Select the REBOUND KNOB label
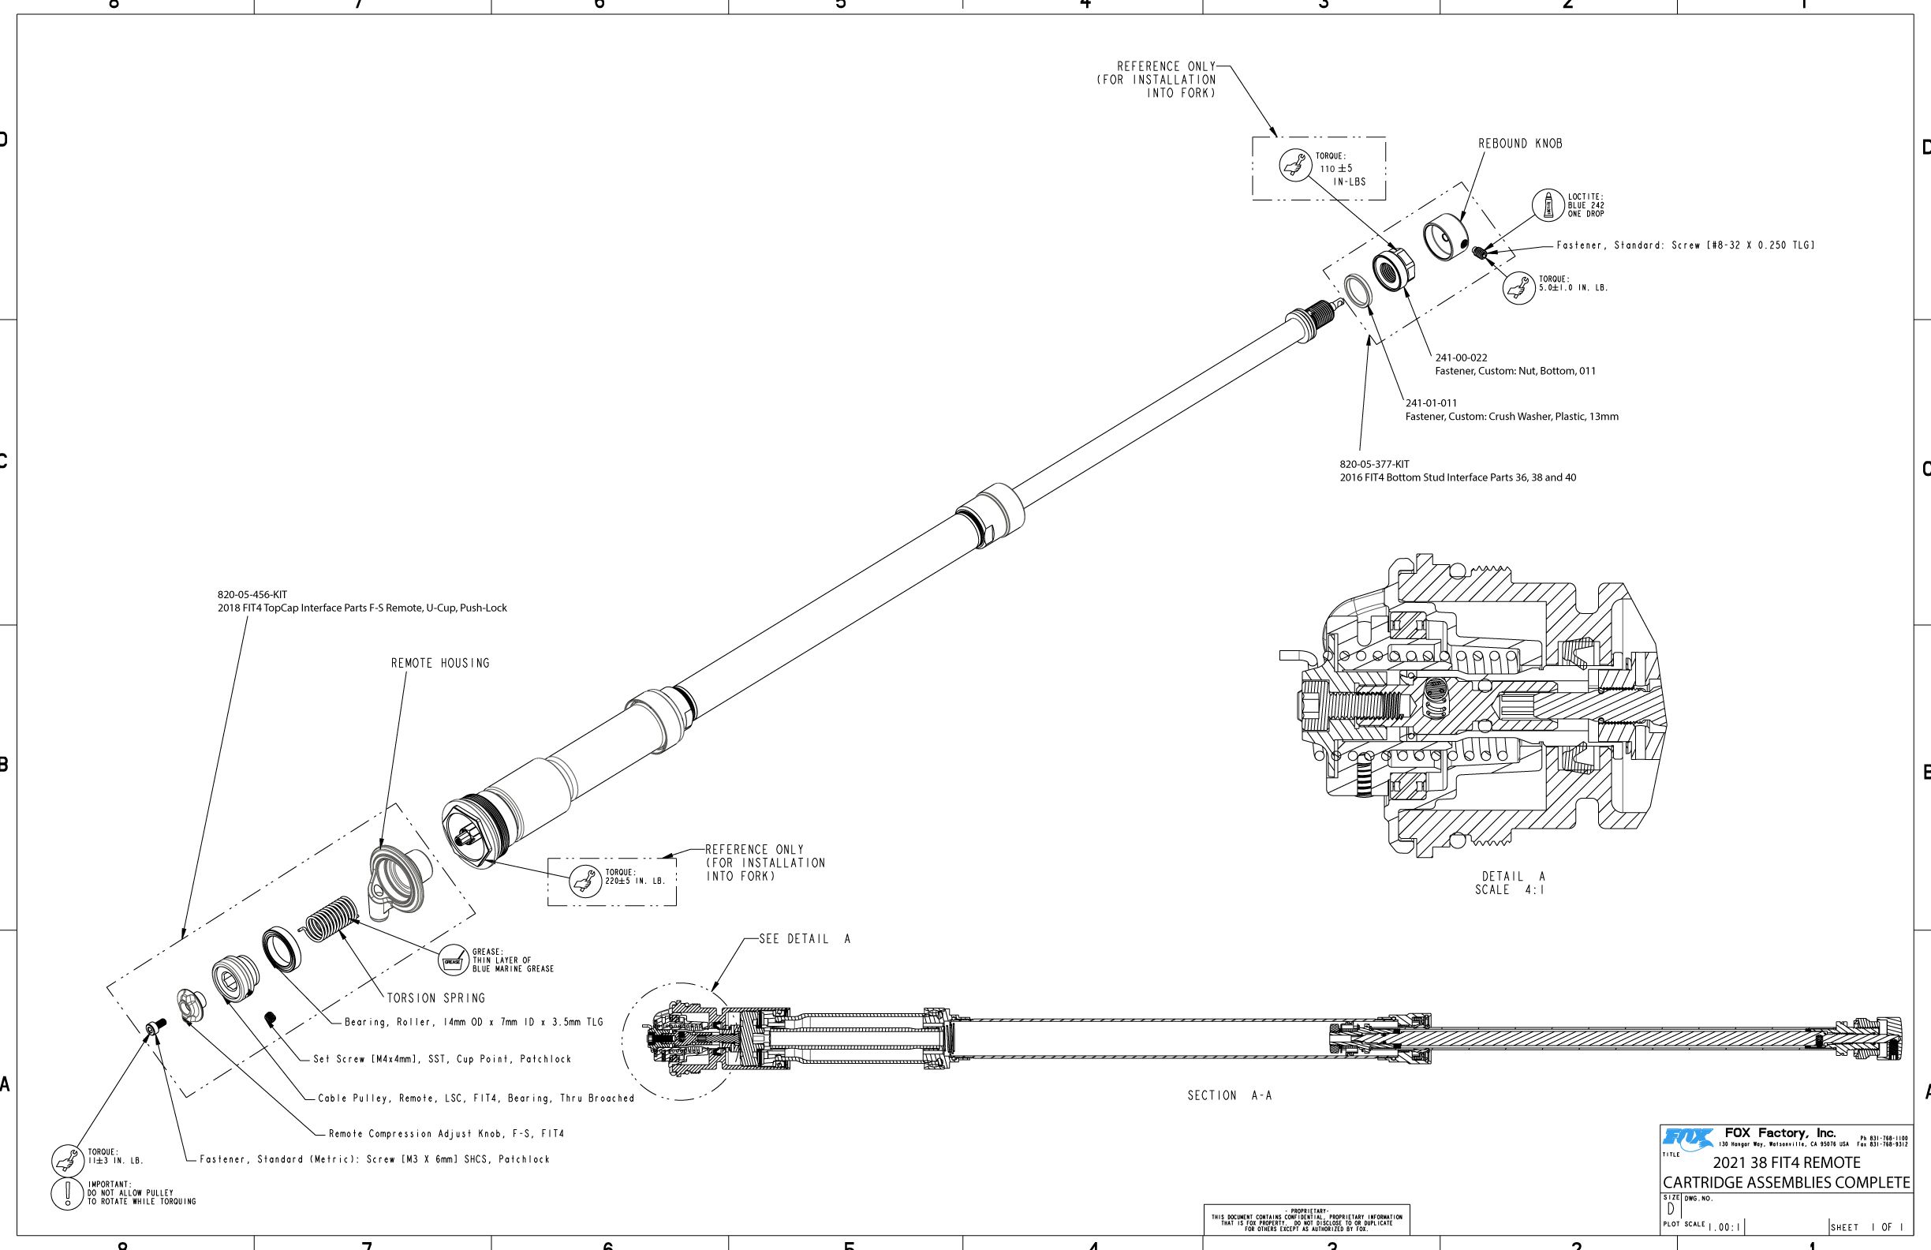[1520, 144]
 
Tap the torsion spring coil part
[331, 919]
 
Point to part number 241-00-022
[1461, 358]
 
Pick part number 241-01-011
[1431, 403]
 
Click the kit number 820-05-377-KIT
[1374, 464]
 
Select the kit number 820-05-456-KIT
[252, 595]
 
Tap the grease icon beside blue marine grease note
[454, 961]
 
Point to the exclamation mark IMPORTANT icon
[65, 1193]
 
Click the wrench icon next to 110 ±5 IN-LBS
[1296, 166]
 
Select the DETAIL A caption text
[1513, 877]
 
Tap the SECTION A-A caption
[1229, 1096]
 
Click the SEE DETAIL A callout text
[804, 939]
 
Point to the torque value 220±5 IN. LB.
[634, 881]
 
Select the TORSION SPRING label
[435, 998]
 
